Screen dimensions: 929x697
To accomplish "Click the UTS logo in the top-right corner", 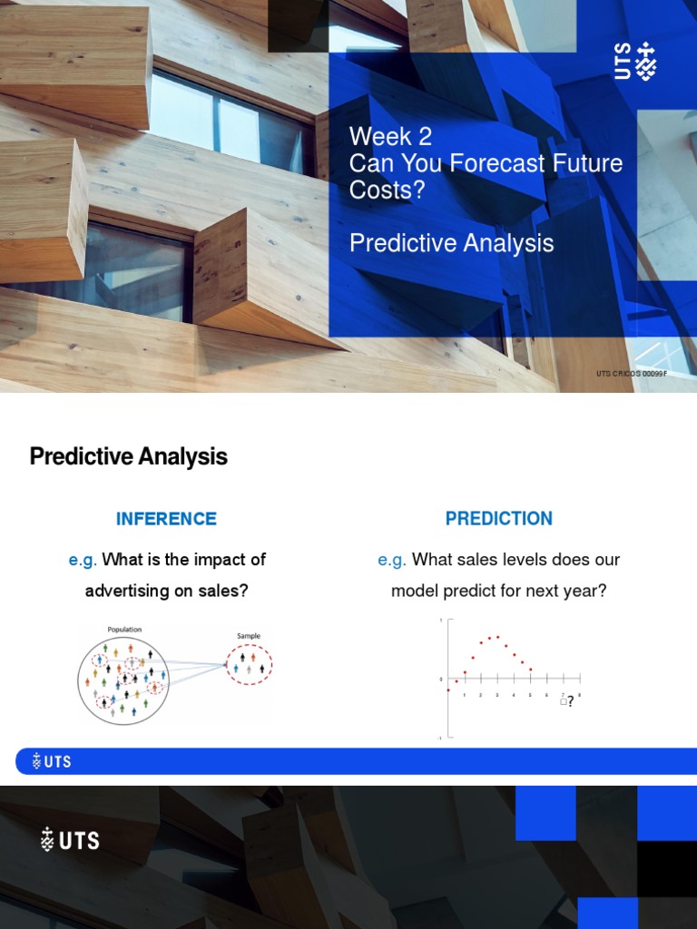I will coord(635,61).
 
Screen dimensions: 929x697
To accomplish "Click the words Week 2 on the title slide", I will coord(390,137).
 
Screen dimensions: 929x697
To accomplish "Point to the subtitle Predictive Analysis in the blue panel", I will coord(451,243).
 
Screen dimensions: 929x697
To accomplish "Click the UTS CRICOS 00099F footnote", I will coord(632,374).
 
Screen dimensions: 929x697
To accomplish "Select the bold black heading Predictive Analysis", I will coord(128,456).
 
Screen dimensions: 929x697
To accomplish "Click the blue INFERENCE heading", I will coord(166,519).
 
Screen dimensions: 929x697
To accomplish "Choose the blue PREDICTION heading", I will coord(498,519).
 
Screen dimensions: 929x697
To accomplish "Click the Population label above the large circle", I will coord(124,630).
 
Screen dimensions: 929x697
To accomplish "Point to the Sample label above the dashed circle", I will coord(249,636).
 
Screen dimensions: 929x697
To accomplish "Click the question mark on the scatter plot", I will coord(570,701).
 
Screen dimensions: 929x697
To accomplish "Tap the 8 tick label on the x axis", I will coord(579,695).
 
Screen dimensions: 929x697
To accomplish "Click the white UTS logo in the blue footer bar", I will coord(51,761).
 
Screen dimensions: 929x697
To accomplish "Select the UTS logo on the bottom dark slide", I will coord(70,840).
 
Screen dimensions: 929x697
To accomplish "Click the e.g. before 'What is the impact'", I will coord(83,560).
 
